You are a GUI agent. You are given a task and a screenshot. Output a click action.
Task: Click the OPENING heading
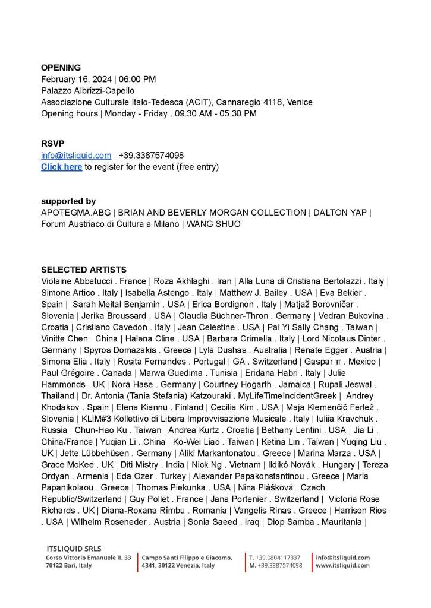[x=61, y=68]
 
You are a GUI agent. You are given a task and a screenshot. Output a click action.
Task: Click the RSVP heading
[x=53, y=144]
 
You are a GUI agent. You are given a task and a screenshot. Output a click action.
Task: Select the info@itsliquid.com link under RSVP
[x=76, y=156]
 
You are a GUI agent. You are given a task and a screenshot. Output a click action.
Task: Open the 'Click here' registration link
[x=61, y=167]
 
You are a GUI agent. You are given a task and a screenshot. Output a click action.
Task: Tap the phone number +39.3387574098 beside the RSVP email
[x=151, y=156]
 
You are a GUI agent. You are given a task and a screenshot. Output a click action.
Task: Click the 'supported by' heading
[x=68, y=201]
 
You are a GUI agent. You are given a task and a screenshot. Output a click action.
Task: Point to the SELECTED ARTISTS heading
[x=84, y=270]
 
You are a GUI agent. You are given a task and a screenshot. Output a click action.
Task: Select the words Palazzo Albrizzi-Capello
[x=88, y=91]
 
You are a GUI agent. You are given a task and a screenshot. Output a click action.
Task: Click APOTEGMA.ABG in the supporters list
[x=75, y=213]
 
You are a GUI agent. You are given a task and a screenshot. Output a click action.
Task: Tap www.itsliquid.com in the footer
[x=342, y=565]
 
